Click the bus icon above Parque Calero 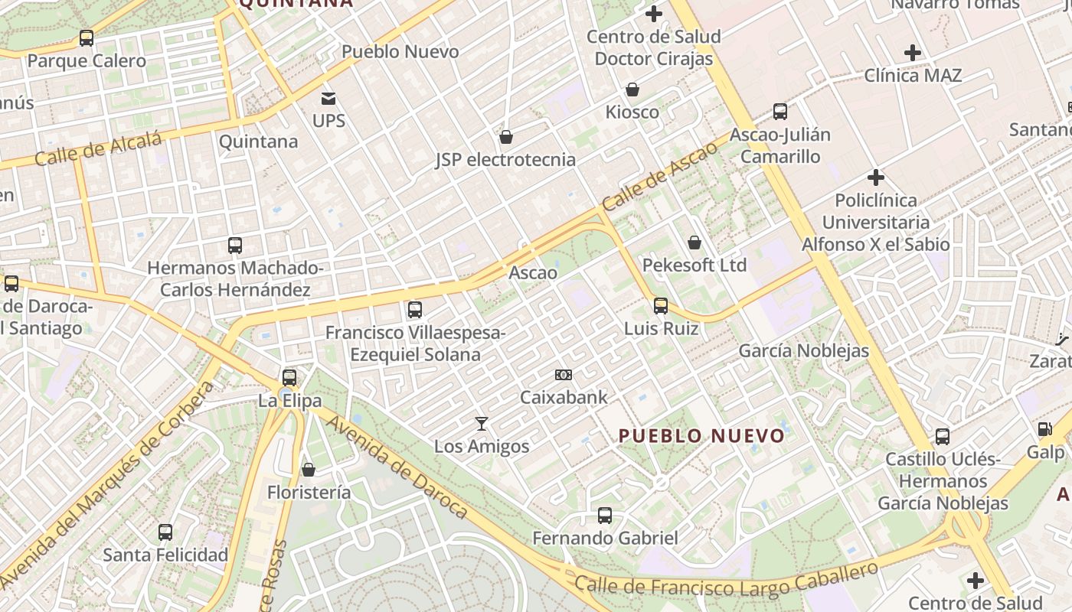click(x=87, y=37)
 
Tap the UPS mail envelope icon click(x=328, y=98)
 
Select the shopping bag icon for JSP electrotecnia click(x=505, y=137)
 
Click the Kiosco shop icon click(x=632, y=90)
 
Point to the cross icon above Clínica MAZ click(x=912, y=53)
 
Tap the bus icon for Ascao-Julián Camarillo click(x=780, y=112)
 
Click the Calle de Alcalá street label click(x=98, y=148)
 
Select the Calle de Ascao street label click(x=659, y=177)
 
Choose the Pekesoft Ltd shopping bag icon click(x=695, y=243)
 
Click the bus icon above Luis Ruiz click(x=661, y=306)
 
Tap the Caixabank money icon click(x=564, y=375)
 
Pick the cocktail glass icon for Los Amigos click(x=482, y=424)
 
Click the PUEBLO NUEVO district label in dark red click(x=701, y=436)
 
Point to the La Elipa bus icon click(x=289, y=377)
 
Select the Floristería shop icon click(x=309, y=470)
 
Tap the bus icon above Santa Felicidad click(x=165, y=532)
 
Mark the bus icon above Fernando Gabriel click(x=605, y=516)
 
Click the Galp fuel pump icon click(x=1044, y=429)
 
